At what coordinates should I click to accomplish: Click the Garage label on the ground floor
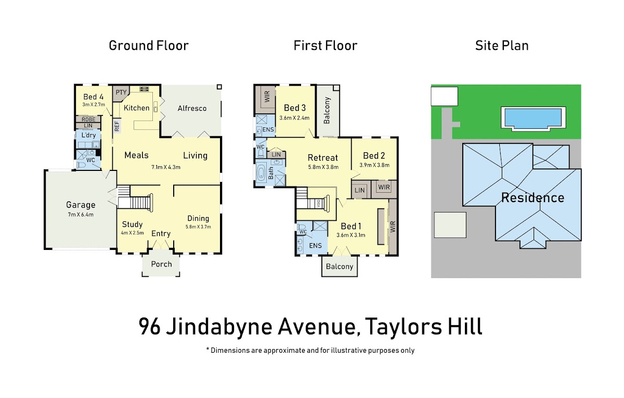pyautogui.click(x=81, y=205)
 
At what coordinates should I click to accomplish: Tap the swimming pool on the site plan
pyautogui.click(x=533, y=117)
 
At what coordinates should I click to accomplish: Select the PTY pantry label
pyautogui.click(x=121, y=92)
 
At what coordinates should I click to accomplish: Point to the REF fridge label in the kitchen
pyautogui.click(x=117, y=126)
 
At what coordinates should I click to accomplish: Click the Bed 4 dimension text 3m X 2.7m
pyautogui.click(x=94, y=104)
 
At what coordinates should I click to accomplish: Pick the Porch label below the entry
pyautogui.click(x=161, y=264)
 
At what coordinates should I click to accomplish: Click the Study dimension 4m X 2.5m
pyautogui.click(x=132, y=233)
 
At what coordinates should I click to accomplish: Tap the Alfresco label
pyautogui.click(x=192, y=108)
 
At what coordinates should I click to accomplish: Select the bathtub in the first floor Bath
pyautogui.click(x=261, y=173)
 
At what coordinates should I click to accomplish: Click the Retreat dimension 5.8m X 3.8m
pyautogui.click(x=323, y=167)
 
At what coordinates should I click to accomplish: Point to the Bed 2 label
pyautogui.click(x=374, y=155)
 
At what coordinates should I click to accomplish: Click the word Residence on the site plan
pyautogui.click(x=532, y=198)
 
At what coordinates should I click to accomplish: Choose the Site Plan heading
pyautogui.click(x=502, y=46)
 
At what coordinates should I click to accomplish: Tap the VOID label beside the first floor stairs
pyautogui.click(x=319, y=204)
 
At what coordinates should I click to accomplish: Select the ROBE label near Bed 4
pyautogui.click(x=88, y=120)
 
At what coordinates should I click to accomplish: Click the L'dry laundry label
pyautogui.click(x=88, y=135)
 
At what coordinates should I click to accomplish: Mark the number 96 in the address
pyautogui.click(x=150, y=326)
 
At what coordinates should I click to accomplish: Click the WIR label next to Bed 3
pyautogui.click(x=267, y=97)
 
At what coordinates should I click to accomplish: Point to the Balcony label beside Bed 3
pyautogui.click(x=327, y=111)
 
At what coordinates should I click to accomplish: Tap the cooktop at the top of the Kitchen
pyautogui.click(x=144, y=89)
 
